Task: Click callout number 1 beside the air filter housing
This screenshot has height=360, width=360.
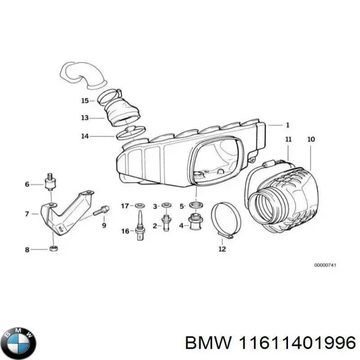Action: (x=287, y=125)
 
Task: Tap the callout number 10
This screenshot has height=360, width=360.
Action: (x=310, y=140)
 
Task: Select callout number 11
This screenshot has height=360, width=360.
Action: (x=288, y=140)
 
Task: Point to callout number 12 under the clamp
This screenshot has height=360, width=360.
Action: (x=223, y=248)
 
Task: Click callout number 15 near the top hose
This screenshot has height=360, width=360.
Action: (x=85, y=100)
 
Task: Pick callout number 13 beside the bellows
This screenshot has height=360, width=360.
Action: (x=85, y=118)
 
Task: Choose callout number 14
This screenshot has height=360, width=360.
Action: (x=85, y=136)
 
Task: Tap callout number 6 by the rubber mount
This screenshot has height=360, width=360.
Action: (x=27, y=184)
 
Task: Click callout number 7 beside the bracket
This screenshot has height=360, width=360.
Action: (x=27, y=213)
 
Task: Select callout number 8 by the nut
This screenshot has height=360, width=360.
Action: (x=27, y=249)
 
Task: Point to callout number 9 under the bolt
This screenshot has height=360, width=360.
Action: (x=103, y=226)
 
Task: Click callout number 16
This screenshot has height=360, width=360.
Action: (x=125, y=231)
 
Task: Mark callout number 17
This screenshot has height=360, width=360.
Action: (x=124, y=206)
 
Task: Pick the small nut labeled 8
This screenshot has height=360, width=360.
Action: (x=53, y=248)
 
